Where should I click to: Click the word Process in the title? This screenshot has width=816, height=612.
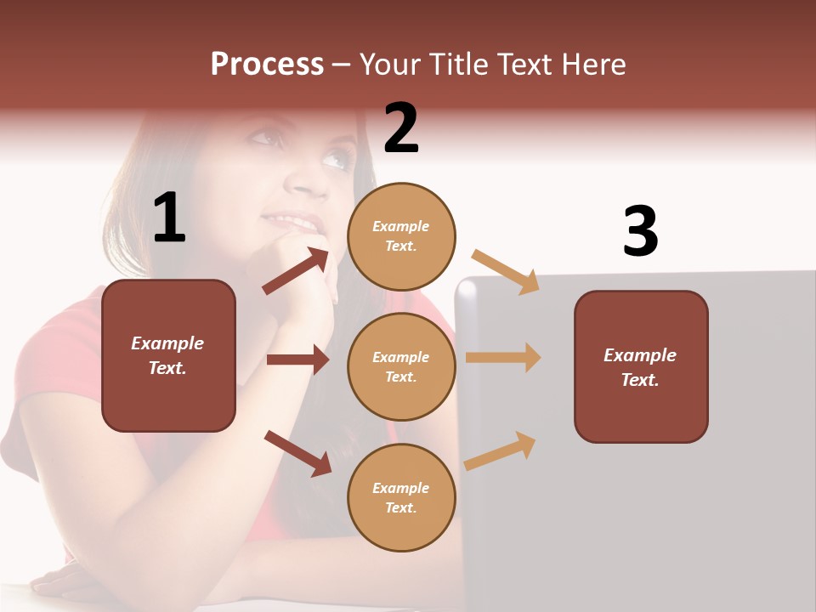pyautogui.click(x=267, y=65)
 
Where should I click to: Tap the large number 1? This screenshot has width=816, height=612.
pyautogui.click(x=169, y=218)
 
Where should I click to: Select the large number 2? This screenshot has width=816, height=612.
pyautogui.click(x=401, y=128)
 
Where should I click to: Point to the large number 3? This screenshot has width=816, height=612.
pyautogui.click(x=640, y=231)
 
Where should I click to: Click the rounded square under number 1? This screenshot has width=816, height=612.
pyautogui.click(x=168, y=355)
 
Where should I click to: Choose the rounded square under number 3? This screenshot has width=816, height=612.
pyautogui.click(x=641, y=366)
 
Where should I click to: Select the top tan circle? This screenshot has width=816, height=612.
pyautogui.click(x=401, y=236)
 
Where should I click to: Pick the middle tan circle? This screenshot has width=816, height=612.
pyautogui.click(x=401, y=366)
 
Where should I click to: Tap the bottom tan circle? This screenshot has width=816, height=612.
pyautogui.click(x=401, y=497)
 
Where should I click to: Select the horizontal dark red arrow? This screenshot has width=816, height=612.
pyautogui.click(x=297, y=360)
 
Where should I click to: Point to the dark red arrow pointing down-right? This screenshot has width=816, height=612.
pyautogui.click(x=297, y=453)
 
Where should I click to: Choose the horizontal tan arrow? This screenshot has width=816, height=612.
pyautogui.click(x=503, y=357)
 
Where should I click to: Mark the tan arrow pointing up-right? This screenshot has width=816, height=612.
pyautogui.click(x=500, y=450)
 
